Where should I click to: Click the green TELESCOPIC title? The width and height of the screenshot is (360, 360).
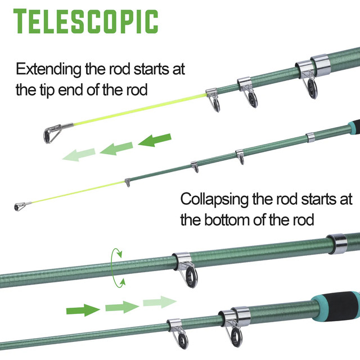coord(85,21)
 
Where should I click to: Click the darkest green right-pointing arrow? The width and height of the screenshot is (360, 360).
coord(82,309)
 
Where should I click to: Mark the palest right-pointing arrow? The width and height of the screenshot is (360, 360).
coord(159,303)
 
